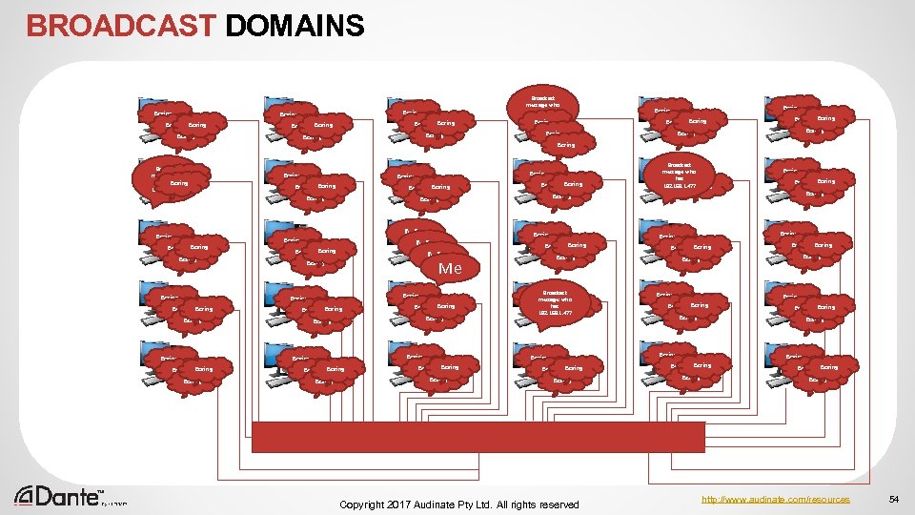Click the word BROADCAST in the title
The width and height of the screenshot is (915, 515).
coord(121,25)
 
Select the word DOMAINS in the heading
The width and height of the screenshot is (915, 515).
coord(295,25)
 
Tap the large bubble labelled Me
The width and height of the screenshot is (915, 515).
coord(450,268)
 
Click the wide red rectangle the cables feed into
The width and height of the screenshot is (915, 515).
coord(478,437)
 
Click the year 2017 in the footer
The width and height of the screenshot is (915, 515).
coord(407,504)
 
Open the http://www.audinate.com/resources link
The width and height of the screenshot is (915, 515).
coord(773,499)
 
